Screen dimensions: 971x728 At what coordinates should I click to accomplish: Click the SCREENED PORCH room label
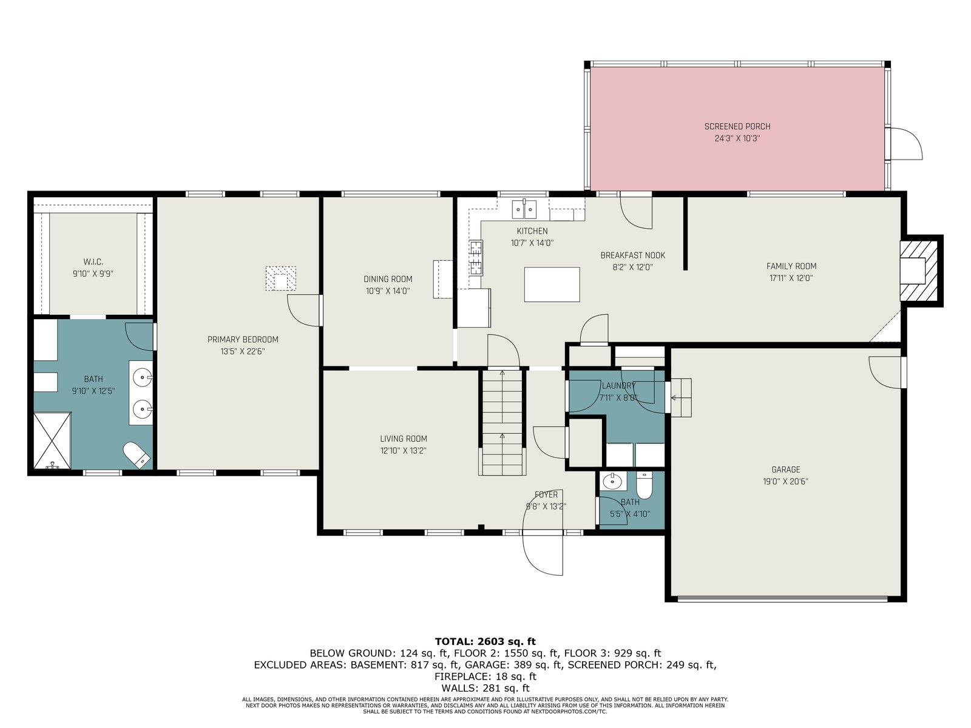click(737, 126)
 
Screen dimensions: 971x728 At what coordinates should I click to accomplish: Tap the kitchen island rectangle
click(552, 284)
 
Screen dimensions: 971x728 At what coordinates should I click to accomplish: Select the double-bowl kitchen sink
click(524, 209)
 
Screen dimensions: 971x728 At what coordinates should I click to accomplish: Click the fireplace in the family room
click(919, 271)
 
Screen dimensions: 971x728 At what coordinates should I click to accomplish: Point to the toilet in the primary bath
click(137, 455)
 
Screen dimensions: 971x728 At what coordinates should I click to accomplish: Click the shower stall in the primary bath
click(52, 439)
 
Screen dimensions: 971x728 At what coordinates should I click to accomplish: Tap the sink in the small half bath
click(613, 482)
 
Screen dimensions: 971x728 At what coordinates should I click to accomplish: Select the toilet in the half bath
click(644, 486)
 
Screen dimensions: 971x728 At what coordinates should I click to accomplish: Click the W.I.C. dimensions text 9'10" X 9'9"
click(93, 274)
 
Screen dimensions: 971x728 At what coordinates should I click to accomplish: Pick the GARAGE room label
click(786, 470)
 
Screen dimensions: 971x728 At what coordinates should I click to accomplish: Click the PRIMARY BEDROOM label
click(243, 340)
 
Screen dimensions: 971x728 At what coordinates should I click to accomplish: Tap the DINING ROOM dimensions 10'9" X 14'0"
click(388, 291)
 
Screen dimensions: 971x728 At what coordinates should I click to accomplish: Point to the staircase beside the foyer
click(502, 423)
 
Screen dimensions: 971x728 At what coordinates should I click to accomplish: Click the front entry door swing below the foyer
click(543, 554)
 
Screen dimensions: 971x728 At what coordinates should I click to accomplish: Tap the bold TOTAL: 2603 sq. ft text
click(486, 641)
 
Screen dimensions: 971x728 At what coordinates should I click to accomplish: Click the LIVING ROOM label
click(404, 439)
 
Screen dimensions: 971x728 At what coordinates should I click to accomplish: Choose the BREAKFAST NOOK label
click(632, 255)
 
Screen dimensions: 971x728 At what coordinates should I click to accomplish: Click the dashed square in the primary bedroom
click(281, 278)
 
